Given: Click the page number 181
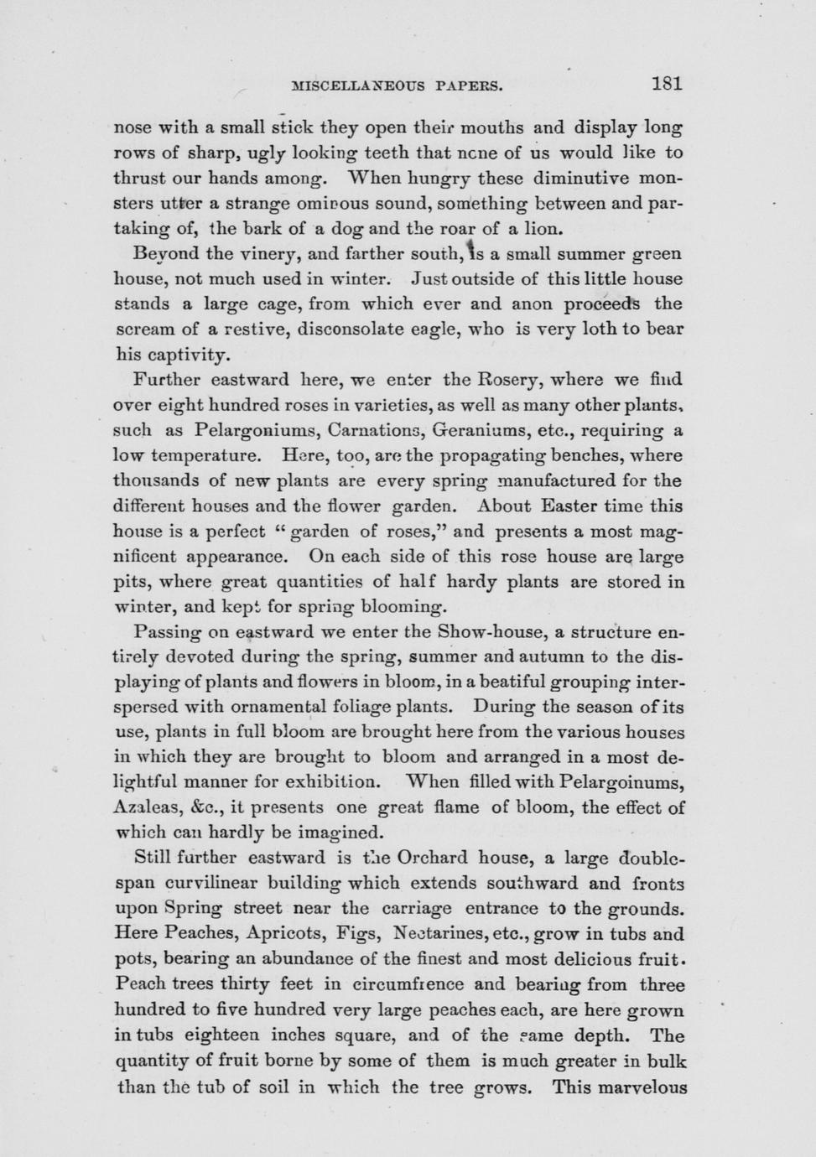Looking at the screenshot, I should point(666,83).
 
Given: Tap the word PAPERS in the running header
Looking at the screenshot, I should point(466,85).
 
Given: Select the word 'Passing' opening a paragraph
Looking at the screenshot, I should point(163,631).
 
